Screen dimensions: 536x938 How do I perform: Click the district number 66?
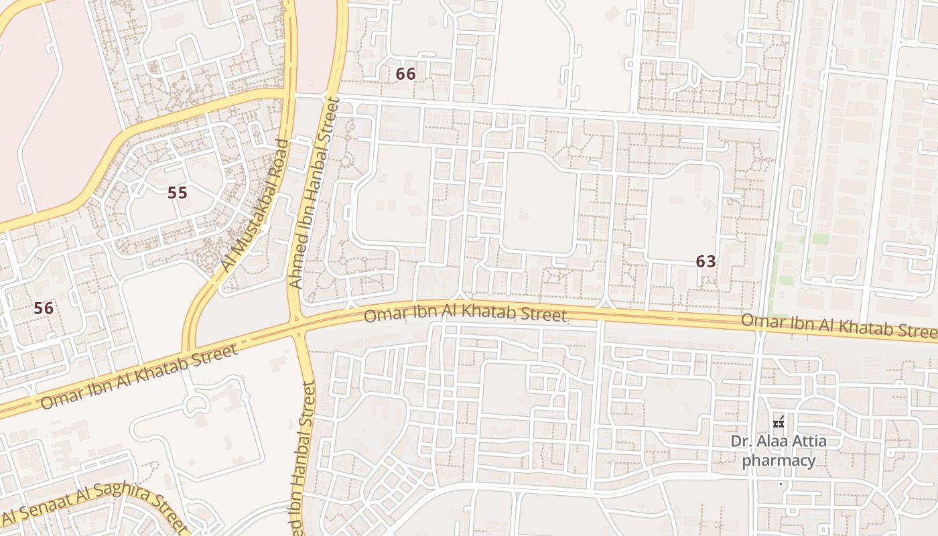pos(405,74)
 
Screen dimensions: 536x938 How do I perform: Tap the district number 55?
pos(177,193)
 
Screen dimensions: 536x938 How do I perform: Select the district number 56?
pos(44,308)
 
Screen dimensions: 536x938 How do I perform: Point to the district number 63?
pos(706,261)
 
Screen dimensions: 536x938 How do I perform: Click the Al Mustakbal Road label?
pos(255,206)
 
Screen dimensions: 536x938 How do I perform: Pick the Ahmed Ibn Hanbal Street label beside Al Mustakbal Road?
pos(315,193)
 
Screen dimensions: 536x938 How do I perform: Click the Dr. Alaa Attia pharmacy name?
pos(779,450)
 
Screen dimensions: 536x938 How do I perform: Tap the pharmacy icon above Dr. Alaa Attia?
pos(779,423)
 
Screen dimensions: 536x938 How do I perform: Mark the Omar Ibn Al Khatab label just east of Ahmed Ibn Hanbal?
pos(465,314)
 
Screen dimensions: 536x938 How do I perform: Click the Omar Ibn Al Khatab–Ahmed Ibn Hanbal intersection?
pos(295,325)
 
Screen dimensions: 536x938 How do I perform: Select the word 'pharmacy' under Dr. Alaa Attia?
pos(779,460)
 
